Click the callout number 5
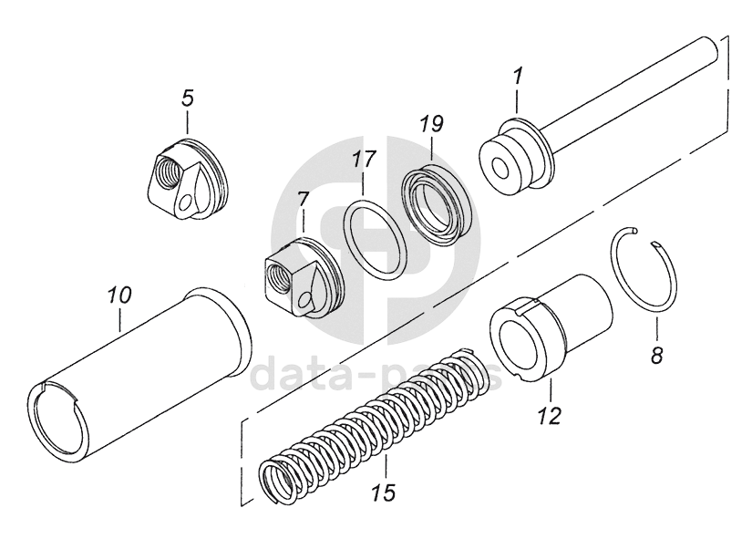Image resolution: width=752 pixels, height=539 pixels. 187,98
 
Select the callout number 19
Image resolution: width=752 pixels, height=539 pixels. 431,124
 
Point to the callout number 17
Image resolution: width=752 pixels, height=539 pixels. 364,159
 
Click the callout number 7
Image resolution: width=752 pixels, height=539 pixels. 304,199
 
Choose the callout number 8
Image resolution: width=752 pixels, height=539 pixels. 656,355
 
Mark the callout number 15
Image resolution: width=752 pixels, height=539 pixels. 384,493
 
